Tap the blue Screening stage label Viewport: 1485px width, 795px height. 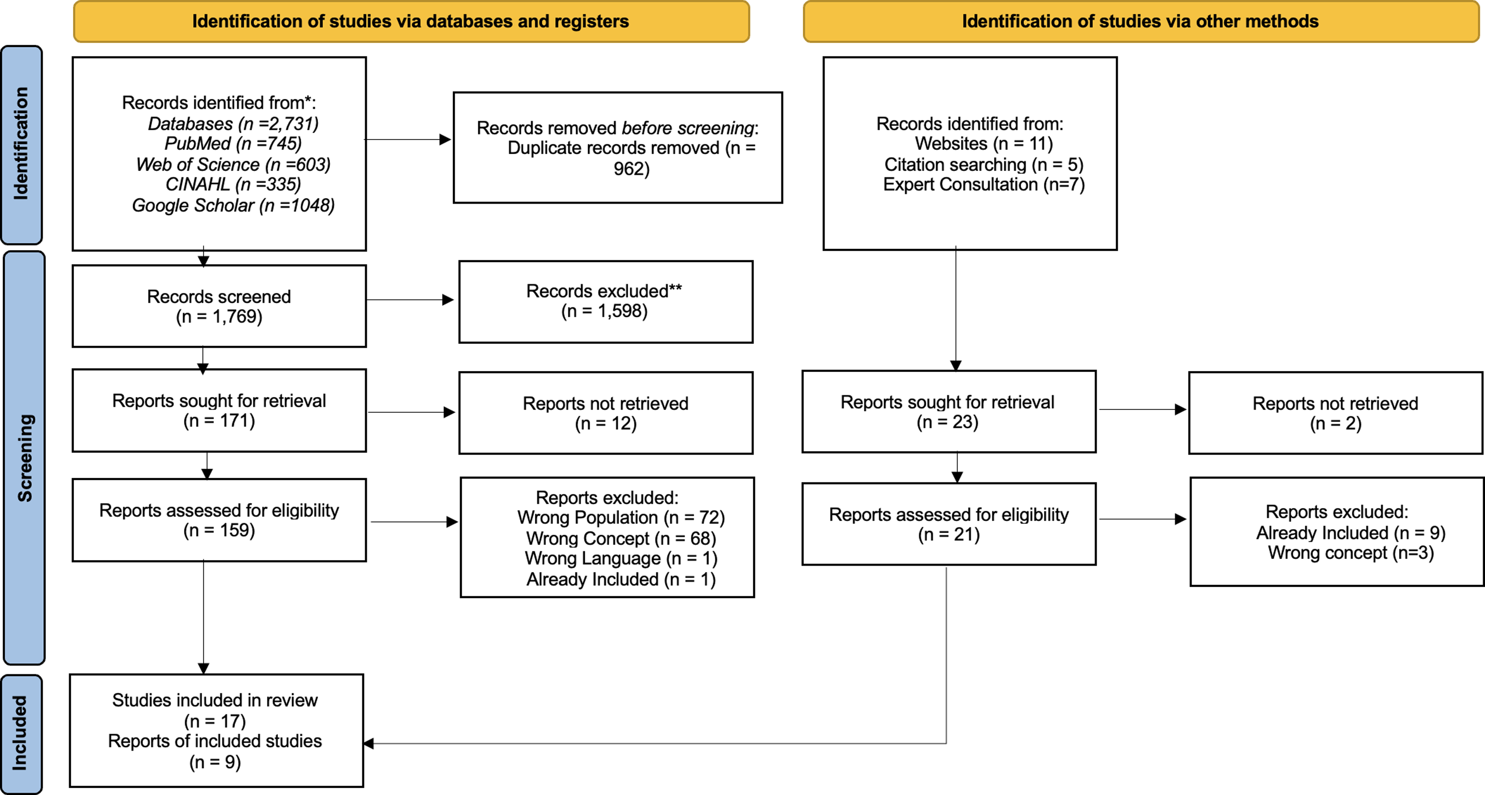click(24, 458)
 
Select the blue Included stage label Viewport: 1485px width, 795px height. click(21, 734)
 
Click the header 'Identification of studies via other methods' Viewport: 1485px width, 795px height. click(1141, 21)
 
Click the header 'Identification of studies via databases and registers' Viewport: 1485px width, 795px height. click(411, 21)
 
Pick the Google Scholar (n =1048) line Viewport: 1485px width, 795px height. click(233, 205)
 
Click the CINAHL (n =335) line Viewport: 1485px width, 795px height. click(233, 184)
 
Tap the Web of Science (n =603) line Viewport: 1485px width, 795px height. click(233, 164)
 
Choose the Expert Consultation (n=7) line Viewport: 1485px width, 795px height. click(984, 184)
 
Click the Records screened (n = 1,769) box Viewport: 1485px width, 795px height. click(219, 306)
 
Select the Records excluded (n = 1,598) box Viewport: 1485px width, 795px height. click(606, 302)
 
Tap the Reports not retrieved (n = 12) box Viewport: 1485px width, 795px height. click(606, 413)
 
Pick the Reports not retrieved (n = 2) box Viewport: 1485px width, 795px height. click(1336, 413)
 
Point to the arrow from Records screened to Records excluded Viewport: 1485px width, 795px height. click(410, 300)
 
